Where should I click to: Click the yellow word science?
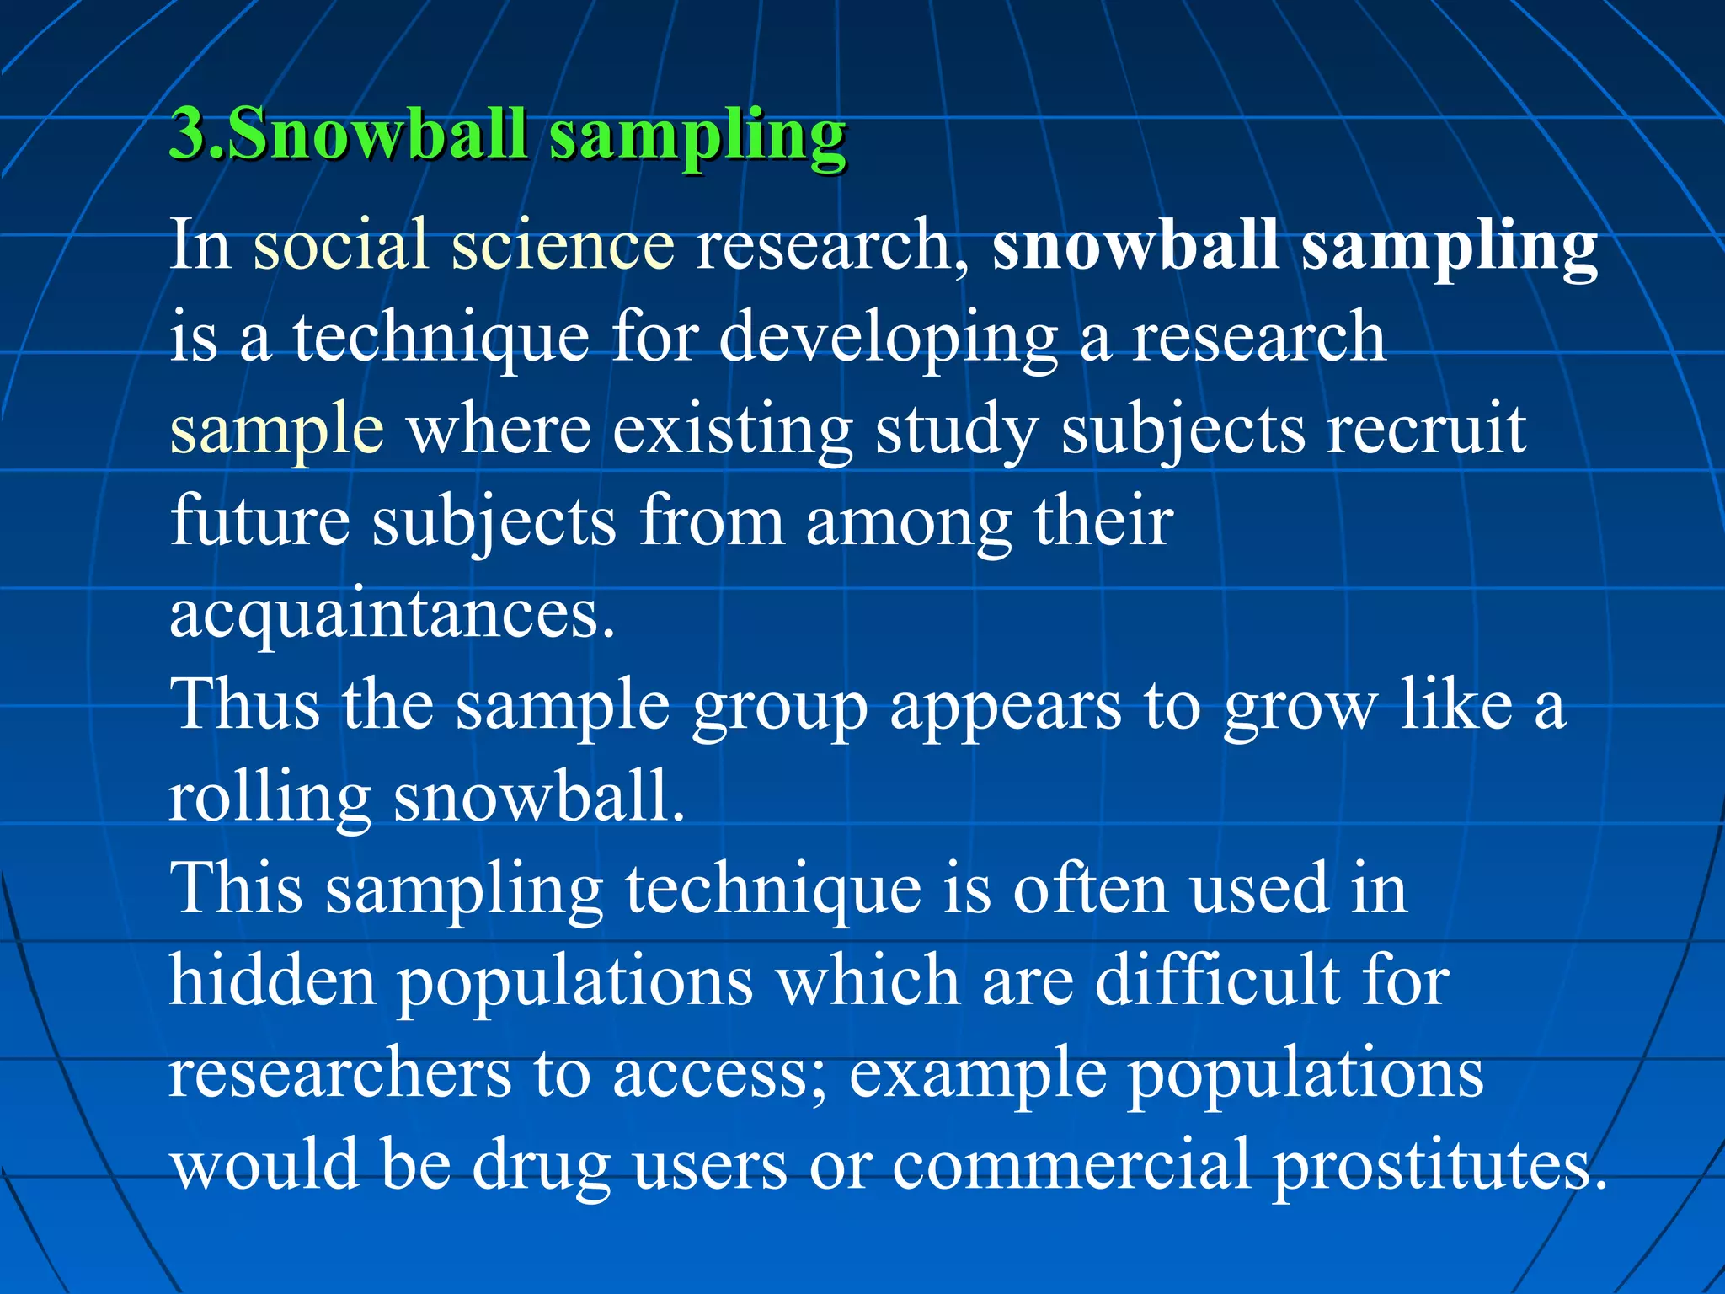coord(563,244)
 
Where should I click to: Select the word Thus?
coord(244,704)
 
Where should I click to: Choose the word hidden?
coord(272,981)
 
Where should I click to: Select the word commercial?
coord(1071,1166)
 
